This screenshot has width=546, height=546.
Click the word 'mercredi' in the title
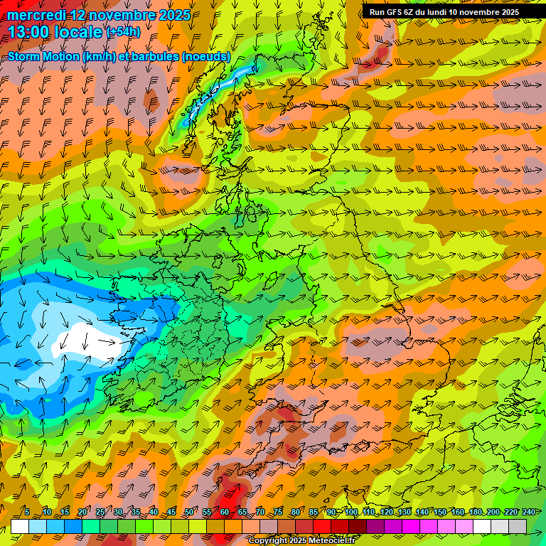click(35, 15)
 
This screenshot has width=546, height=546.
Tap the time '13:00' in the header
click(30, 31)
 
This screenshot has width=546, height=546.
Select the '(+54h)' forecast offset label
click(123, 32)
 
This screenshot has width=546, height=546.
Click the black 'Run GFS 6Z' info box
click(444, 12)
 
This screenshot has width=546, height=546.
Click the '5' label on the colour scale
click(26, 513)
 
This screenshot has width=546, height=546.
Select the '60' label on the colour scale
click(224, 513)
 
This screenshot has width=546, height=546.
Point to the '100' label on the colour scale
click(351, 513)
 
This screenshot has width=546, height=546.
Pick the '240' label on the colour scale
click(528, 513)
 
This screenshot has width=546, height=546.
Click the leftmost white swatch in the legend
click(20, 526)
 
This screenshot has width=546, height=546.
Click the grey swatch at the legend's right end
click(518, 526)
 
